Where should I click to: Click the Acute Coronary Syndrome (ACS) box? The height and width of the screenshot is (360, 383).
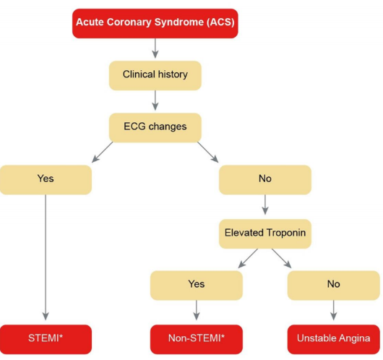pos(155,23)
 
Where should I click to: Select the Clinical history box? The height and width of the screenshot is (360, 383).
pos(155,74)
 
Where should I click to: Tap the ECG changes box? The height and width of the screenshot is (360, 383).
pos(155,127)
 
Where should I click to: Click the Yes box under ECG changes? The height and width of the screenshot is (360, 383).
pos(46,179)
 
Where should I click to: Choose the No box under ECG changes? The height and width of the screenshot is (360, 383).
pos(265,179)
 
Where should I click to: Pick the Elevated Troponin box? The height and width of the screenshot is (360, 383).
pos(265,233)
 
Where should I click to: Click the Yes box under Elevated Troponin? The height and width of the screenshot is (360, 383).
pos(196,285)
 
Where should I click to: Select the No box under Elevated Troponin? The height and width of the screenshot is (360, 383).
pos(333,285)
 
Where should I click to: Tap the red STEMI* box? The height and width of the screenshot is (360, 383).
pos(46,338)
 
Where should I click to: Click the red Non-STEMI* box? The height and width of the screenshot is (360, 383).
pos(196,338)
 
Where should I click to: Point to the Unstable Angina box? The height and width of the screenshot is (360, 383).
pos(333,338)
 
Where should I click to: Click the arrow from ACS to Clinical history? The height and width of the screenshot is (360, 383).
pos(155,48)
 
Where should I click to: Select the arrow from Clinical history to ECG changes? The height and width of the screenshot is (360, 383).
pos(155,100)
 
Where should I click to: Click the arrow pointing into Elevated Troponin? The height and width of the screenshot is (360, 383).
pos(265,206)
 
